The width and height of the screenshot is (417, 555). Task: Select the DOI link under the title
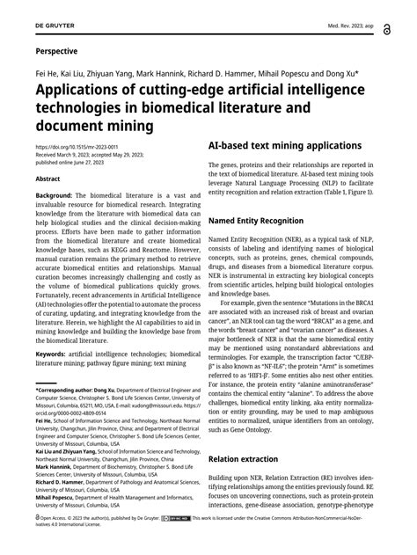tap(76, 147)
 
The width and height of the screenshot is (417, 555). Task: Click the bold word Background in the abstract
tap(55, 194)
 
